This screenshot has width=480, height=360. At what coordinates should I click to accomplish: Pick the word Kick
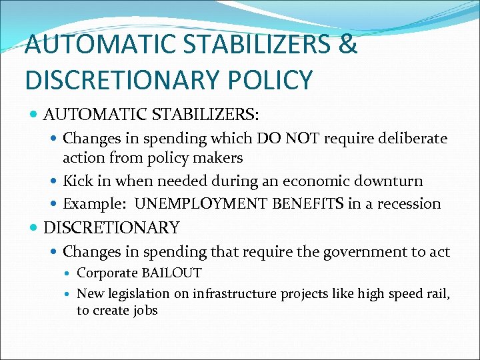coord(77,181)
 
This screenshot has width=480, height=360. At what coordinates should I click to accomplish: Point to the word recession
coord(407,203)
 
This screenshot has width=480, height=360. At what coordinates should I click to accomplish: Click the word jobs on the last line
coord(145,310)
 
